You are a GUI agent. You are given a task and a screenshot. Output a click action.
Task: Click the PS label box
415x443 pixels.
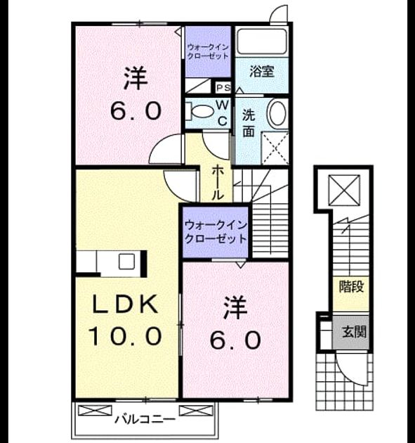[x=223, y=88]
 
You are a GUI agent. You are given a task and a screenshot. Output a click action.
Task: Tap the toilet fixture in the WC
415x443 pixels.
[x=199, y=111]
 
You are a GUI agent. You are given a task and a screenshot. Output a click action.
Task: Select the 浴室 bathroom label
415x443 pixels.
[x=262, y=72]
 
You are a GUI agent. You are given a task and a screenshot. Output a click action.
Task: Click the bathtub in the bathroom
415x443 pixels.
[x=262, y=41]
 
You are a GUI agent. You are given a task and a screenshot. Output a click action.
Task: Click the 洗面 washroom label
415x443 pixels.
[x=249, y=123]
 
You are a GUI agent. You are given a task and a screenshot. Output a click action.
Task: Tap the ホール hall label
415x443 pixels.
[x=218, y=183]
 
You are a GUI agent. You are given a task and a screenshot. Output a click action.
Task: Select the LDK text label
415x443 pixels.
[x=125, y=304]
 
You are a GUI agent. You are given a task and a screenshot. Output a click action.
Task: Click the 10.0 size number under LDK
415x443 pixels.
[x=126, y=336]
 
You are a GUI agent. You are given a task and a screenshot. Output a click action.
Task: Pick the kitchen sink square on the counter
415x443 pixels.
[x=126, y=262]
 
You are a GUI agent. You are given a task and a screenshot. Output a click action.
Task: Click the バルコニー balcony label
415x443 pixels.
[x=145, y=419]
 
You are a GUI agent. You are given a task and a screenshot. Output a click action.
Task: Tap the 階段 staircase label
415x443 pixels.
[x=351, y=287]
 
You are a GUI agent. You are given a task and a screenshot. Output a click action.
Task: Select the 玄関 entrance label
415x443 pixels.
[x=354, y=332]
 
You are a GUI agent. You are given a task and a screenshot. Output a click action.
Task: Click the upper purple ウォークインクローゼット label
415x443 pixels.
[x=208, y=51]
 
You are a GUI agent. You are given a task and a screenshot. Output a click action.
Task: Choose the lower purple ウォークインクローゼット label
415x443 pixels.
[x=216, y=232]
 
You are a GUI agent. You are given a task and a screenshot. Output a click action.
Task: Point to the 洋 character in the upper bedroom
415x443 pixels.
[x=136, y=77]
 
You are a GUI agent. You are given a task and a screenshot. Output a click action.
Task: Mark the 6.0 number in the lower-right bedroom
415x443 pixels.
[x=235, y=340]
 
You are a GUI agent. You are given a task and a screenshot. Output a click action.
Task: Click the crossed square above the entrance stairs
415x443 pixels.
[x=344, y=190]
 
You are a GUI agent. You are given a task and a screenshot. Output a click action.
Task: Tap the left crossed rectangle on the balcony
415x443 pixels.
[x=95, y=411]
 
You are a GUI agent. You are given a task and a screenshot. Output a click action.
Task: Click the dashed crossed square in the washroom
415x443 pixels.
[x=275, y=148]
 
